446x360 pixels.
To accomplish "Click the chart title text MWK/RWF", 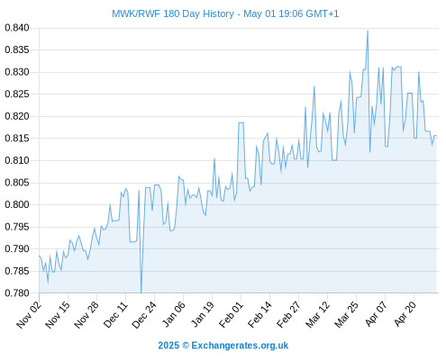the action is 136,13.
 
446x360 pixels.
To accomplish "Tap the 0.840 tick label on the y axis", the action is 17,28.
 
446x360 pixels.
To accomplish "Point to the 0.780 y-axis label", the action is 17,292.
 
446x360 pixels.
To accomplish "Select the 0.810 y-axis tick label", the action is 17,160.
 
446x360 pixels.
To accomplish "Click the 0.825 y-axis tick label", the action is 17,94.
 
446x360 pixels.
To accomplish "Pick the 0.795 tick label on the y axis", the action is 17,227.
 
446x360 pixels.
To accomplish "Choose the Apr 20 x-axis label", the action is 405,314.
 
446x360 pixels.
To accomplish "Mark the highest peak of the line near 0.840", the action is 368,31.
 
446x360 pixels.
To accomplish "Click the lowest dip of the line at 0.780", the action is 141,292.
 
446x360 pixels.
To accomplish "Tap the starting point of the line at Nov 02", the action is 39,256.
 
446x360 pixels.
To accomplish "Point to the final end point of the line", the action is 436,136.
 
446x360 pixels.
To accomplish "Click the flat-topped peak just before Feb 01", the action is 241,122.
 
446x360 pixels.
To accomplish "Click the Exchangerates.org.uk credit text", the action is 240,346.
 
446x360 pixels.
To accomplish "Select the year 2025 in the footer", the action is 168,346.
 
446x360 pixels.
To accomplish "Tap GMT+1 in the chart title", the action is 322,13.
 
